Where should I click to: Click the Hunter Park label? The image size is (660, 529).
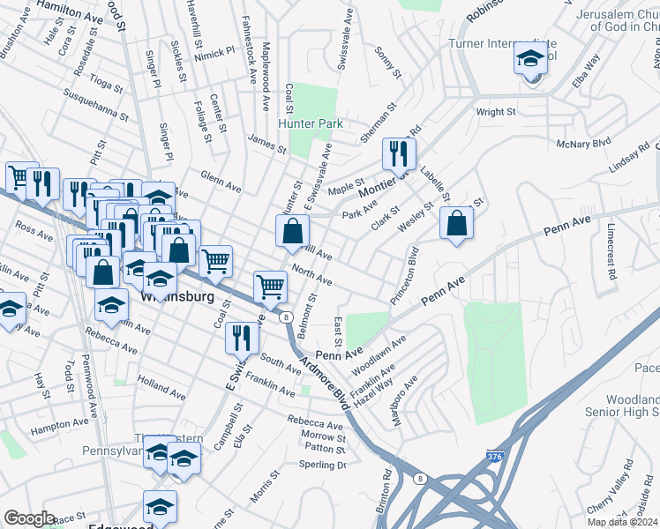311,124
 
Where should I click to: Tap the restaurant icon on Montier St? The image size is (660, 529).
399,154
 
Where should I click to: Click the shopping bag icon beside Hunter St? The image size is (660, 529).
292,232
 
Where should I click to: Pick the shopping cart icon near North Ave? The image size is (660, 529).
270,285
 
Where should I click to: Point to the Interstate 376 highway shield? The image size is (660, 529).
496,458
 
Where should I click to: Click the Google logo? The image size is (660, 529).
29,518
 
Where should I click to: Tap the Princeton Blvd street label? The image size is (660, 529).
410,276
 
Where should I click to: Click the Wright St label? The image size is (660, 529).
495,112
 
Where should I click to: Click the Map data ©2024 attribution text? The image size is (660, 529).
622,522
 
